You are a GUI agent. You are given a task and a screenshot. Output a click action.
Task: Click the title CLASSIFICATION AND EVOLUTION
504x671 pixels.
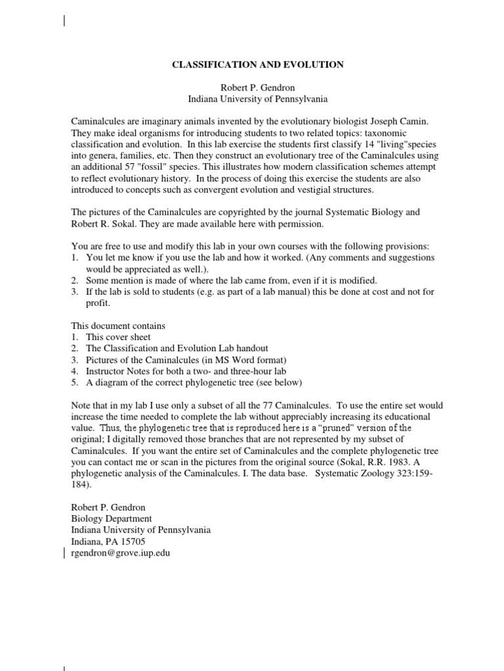click(257, 65)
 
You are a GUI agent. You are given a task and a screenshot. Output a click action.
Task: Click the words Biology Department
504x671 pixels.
click(112, 519)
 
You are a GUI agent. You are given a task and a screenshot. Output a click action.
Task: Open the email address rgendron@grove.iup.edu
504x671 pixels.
click(120, 553)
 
